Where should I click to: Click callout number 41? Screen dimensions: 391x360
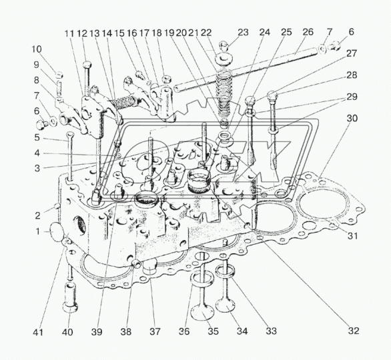(38, 332)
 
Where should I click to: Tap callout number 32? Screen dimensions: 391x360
(354, 331)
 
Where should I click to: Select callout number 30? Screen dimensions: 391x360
(352, 119)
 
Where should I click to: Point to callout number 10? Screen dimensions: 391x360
(37, 49)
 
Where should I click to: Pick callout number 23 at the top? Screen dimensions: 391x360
(243, 32)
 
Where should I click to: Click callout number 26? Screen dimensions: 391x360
(308, 32)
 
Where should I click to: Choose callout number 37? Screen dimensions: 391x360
(155, 331)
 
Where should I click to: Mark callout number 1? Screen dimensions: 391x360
(38, 232)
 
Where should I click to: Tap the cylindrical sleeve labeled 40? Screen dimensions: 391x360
(70, 297)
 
